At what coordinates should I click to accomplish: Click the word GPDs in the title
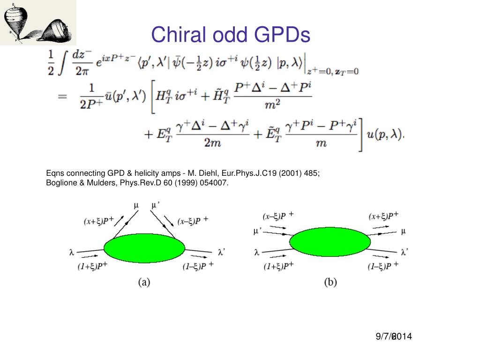pos(284,34)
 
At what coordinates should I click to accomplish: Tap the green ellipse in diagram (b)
pos(330,242)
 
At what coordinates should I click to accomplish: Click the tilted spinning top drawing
pos(55,30)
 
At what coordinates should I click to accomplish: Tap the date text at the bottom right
pos(393,336)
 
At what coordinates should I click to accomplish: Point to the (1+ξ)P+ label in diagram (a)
pos(93,267)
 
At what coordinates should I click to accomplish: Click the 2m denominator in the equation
pos(213,143)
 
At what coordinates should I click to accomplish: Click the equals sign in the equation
pos(62,97)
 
